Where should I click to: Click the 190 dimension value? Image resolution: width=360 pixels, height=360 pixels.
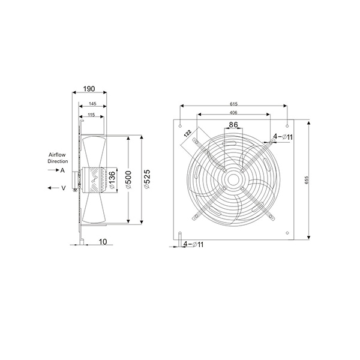[x=89, y=89]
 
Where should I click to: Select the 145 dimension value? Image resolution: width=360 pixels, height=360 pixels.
[x=92, y=104]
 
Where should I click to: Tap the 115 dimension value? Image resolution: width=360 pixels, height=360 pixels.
[x=91, y=115]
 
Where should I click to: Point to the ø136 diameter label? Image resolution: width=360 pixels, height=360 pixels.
[x=112, y=180]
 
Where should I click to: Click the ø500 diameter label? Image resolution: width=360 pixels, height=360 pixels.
[x=128, y=180]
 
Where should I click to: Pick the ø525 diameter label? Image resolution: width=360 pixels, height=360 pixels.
[x=147, y=179]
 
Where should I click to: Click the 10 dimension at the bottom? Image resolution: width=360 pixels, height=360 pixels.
[x=103, y=242]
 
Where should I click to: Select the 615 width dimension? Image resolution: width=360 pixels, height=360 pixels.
[x=233, y=104]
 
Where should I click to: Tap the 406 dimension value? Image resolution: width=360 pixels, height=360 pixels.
[x=233, y=113]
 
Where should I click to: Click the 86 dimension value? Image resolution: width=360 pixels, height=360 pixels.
[x=233, y=125]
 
